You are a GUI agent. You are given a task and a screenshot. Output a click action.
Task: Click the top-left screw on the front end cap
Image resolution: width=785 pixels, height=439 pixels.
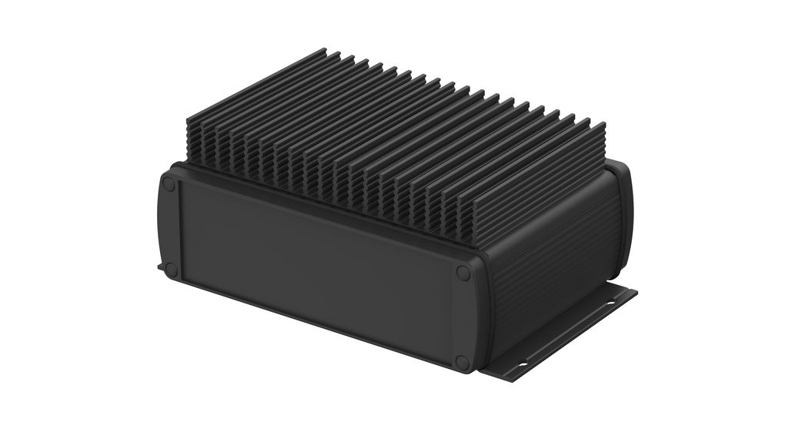169,185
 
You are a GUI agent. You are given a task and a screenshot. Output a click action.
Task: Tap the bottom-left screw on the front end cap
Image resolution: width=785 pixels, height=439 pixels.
171,270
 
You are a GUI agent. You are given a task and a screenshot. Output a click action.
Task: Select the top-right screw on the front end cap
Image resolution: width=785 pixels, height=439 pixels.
463,273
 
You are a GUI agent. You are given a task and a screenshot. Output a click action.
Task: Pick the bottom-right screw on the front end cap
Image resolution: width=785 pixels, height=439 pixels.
462,361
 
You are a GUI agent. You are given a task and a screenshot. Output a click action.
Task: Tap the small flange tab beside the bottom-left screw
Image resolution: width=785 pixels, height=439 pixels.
161,267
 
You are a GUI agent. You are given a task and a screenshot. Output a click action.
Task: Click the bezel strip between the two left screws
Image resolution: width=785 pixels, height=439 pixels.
170,227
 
